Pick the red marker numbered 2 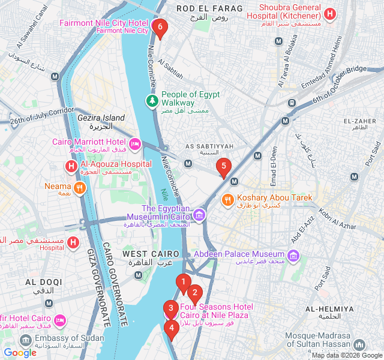point(194,293)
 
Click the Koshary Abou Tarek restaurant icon point(228,200)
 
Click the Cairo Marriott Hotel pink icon point(135,143)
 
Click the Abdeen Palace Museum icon point(293,257)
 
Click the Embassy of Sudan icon point(25,341)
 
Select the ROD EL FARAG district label point(209,8)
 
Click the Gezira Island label point(101,118)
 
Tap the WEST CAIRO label point(151,254)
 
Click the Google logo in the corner point(20,353)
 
